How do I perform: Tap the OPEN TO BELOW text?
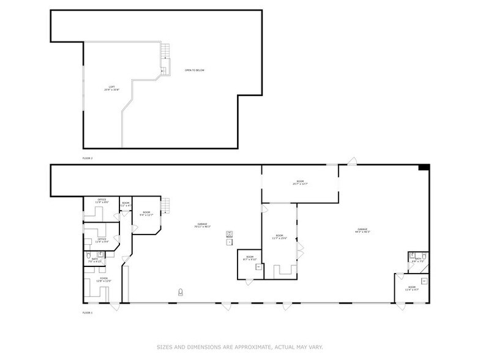195,70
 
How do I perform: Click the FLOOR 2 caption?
88,158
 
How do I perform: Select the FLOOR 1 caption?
88,312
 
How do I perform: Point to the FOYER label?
102,280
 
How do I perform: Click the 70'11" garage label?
202,226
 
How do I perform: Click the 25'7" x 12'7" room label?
300,182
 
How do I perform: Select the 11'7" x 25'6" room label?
279,237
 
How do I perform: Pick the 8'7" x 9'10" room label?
250,258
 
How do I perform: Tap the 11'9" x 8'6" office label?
102,201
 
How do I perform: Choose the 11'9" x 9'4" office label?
102,241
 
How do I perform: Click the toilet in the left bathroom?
89,255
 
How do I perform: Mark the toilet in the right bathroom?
414,255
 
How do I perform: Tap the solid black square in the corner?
424,168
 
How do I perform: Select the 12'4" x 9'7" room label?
411,288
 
